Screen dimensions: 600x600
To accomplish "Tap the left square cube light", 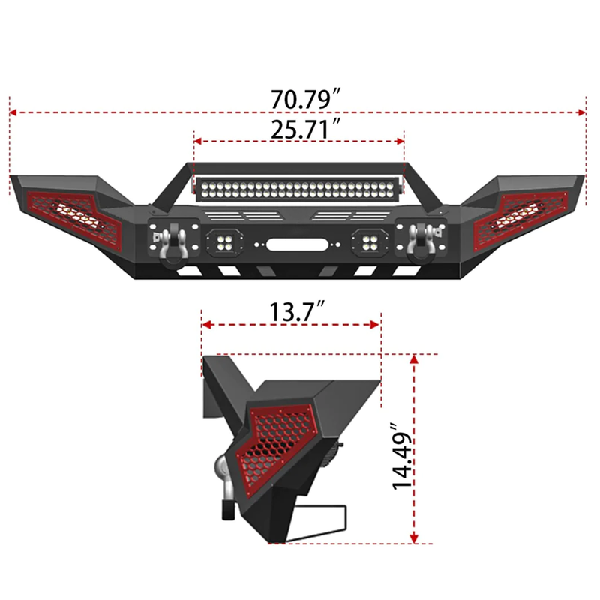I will [223, 242].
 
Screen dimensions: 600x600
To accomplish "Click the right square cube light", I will [370, 242].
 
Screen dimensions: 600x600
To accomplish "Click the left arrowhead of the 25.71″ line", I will [196, 139].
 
